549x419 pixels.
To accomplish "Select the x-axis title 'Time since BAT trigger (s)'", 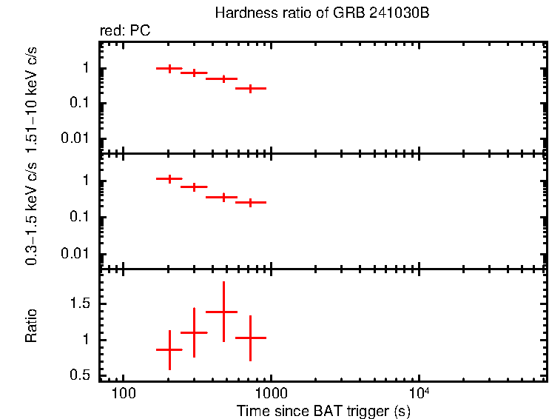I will coord(323,410).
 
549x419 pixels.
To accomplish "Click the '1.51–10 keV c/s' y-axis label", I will coord(31,96).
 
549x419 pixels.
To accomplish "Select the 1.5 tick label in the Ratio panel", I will coord(83,304).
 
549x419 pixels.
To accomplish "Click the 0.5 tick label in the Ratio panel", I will coord(83,376).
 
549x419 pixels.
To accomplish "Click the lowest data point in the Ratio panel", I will coord(169,349).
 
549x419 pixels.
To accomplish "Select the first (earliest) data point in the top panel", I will coord(169,68).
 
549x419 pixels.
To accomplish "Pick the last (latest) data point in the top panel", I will coord(251,88).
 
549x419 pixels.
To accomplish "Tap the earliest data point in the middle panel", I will coord(169,178).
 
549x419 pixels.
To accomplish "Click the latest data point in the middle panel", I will coord(251,201).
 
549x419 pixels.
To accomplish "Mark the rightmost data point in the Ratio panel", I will coord(251,338).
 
